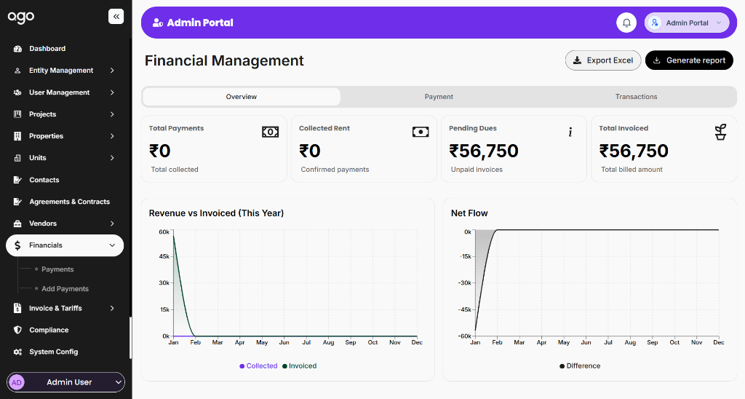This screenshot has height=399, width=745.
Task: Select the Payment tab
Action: [x=439, y=97]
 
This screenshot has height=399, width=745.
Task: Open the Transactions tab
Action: [x=636, y=97]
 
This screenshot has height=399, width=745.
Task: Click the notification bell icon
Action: [x=626, y=23]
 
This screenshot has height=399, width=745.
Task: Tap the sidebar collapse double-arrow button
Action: [x=116, y=16]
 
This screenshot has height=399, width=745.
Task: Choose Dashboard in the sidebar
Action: [x=47, y=49]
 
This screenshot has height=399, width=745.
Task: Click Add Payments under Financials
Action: [x=65, y=289]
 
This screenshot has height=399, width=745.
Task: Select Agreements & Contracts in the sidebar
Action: [x=69, y=202]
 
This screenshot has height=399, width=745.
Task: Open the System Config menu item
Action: [x=53, y=352]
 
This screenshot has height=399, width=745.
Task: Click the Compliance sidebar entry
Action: [x=49, y=330]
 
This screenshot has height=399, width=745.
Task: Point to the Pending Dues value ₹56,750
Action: [x=484, y=151]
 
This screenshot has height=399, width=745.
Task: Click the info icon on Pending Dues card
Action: [x=570, y=132]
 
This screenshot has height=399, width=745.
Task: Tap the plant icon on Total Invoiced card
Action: [x=720, y=132]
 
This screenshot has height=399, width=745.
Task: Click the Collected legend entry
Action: [x=258, y=366]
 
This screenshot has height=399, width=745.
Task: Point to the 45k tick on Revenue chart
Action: [x=164, y=257]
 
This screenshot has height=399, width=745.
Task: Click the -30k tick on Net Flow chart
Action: [x=464, y=283]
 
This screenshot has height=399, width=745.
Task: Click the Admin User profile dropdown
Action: [x=66, y=382]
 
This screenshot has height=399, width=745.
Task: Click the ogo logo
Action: [x=21, y=17]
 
